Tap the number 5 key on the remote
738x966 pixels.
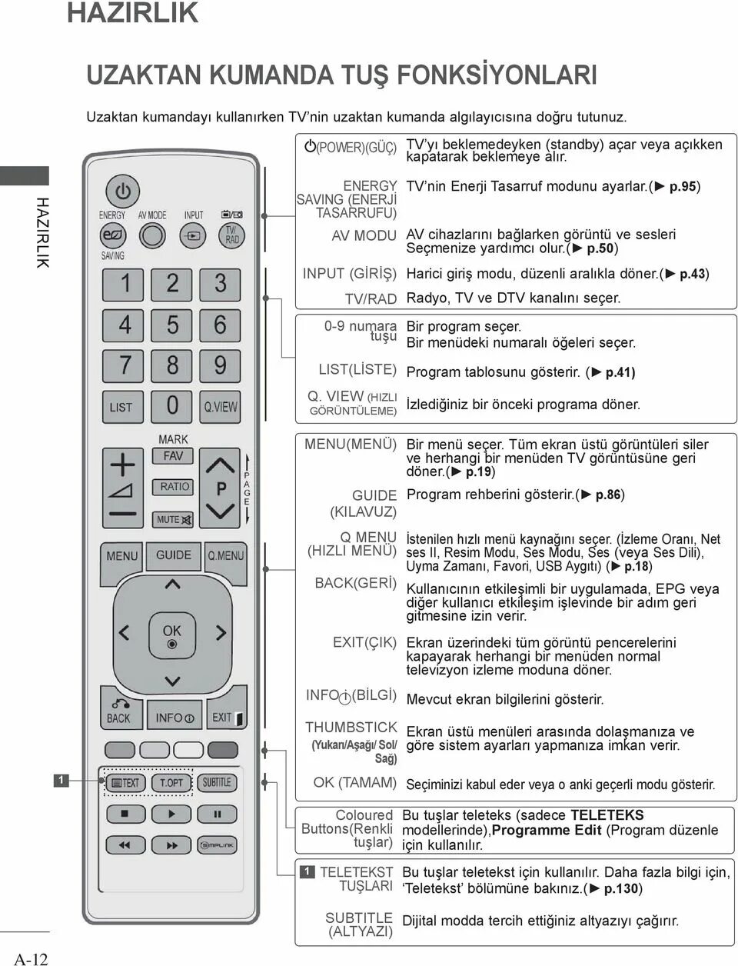(172, 324)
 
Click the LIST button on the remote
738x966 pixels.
(122, 406)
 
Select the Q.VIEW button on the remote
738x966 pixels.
(221, 406)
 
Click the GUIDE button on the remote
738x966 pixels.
(174, 555)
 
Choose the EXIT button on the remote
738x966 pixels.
(225, 716)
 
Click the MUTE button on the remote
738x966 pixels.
(173, 519)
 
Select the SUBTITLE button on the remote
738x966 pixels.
(217, 782)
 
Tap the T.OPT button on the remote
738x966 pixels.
(171, 783)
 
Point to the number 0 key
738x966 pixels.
(172, 405)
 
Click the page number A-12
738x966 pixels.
(31, 958)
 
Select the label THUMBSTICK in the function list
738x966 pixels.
(351, 727)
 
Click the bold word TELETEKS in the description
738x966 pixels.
(607, 815)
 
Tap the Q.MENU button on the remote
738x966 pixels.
(225, 555)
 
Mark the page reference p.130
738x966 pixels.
(621, 888)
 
